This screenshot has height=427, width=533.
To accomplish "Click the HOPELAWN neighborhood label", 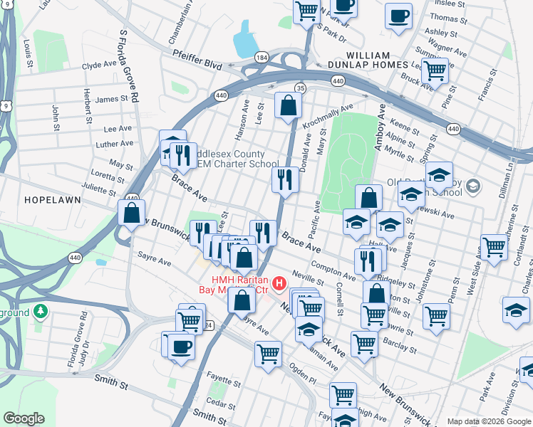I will (x=48, y=201).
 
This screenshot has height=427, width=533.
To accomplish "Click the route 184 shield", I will (x=262, y=56).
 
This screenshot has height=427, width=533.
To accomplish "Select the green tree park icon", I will (x=41, y=312).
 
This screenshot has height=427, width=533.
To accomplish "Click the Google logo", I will (x=24, y=418).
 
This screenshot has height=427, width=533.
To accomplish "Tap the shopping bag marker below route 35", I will (x=288, y=107).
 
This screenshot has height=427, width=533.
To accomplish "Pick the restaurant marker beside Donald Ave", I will (x=285, y=180).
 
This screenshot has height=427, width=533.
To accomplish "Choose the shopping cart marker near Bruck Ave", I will (x=434, y=71).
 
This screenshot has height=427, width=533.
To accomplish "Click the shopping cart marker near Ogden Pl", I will (x=268, y=353).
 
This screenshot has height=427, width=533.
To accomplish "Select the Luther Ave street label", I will (x=115, y=144).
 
